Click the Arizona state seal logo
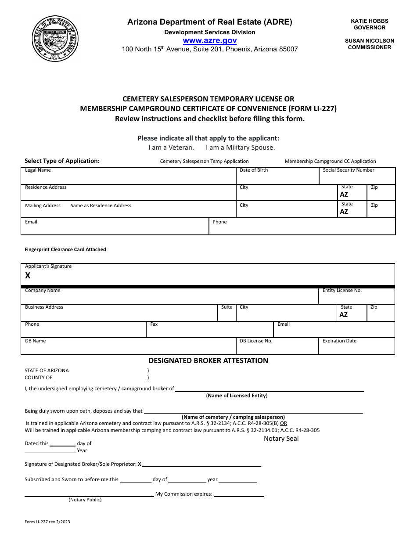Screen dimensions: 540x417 pos(55,39)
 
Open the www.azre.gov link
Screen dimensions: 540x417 pos(209,40)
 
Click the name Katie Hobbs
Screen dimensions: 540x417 pos(369,21)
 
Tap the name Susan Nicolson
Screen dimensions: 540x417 pos(369,41)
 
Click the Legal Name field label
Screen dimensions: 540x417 pos(38,170)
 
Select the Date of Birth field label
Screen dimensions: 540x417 pos(254,170)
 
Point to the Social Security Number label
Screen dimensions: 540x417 pos(349,170)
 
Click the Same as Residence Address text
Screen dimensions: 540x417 pos(101,205)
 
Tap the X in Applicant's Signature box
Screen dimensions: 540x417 pos(28,276)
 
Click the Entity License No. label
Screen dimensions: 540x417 pos(342,291)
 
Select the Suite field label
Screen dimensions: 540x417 pos(227,307)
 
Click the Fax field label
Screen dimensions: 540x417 pos(154,324)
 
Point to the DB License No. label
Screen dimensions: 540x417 pos(256,341)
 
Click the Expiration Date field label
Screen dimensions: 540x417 pos(339,341)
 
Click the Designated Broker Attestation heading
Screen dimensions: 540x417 pos(208,361)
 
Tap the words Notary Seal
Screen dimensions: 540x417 pos(281,439)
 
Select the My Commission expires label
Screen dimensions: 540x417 pos(184,494)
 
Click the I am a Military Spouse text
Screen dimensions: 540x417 pos(241,148)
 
